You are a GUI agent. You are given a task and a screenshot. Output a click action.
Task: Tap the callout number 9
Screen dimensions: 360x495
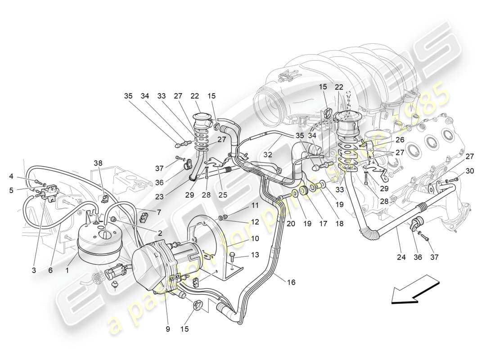click(168, 329)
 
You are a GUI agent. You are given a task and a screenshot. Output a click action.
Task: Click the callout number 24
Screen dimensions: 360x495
click(401, 257)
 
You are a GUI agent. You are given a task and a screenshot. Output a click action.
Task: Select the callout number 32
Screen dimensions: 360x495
click(268, 154)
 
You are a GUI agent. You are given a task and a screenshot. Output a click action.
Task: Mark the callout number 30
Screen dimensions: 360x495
click(470, 171)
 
